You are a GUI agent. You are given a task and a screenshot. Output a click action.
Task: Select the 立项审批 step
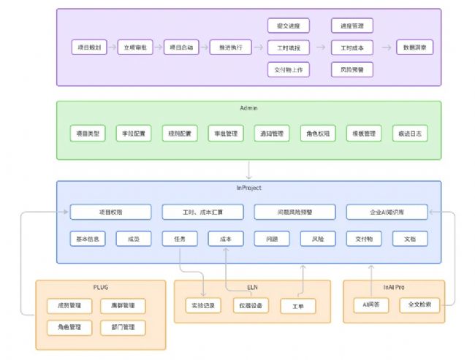[134, 47]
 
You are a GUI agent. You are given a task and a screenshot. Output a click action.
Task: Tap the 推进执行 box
[230, 47]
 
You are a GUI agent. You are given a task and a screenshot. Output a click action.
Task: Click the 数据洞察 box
[414, 47]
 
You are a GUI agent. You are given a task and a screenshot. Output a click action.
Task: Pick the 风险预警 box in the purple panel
[352, 70]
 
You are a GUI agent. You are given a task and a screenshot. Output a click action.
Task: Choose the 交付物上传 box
[289, 70]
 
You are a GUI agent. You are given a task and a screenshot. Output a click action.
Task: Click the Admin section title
[248, 108]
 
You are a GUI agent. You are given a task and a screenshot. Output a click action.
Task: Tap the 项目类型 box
[88, 134]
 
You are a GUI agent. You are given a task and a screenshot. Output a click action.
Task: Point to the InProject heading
[248, 188]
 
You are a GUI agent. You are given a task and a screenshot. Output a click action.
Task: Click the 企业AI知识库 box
[387, 212]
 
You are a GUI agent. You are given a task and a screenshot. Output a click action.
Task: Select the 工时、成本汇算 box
[202, 212]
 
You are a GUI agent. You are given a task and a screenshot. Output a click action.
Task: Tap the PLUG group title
[101, 287]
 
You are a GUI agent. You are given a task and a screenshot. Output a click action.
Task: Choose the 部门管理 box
[123, 326]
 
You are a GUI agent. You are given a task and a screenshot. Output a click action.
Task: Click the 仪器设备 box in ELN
[251, 305]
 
